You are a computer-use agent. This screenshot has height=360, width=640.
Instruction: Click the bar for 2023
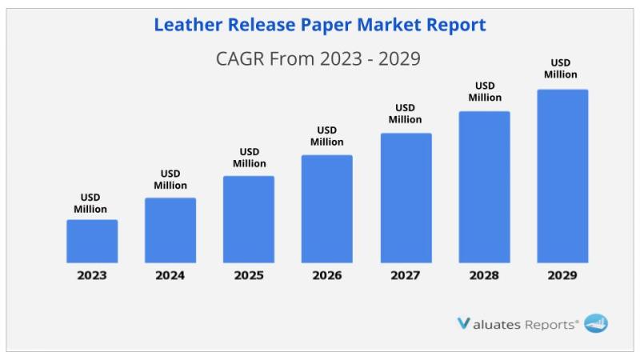tap(92, 241)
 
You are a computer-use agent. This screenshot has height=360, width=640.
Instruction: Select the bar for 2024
tap(170, 230)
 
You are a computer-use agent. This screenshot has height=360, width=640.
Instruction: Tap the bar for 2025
tap(249, 219)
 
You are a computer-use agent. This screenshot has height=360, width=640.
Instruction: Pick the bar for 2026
tap(327, 209)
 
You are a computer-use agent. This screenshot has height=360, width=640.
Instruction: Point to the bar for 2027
tap(406, 198)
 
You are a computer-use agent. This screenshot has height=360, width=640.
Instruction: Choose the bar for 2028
tap(484, 186)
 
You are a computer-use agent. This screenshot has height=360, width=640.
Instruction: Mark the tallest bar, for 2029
tap(562, 176)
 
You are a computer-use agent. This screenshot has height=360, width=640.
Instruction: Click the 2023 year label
tap(92, 276)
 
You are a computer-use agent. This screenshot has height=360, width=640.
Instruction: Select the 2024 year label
tap(170, 276)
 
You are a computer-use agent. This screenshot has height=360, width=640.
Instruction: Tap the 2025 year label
tap(249, 276)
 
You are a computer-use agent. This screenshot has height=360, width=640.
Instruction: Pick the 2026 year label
tap(327, 276)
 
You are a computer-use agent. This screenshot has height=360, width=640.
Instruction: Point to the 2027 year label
tap(406, 276)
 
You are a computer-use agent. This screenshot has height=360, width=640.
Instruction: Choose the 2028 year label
tap(484, 276)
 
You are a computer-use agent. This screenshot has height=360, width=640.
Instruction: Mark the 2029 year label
tap(562, 276)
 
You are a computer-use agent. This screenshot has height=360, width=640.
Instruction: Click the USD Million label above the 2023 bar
tap(90, 203)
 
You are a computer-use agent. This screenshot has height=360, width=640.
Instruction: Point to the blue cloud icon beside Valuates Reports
tap(596, 324)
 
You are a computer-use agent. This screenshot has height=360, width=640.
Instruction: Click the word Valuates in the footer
tap(489, 324)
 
